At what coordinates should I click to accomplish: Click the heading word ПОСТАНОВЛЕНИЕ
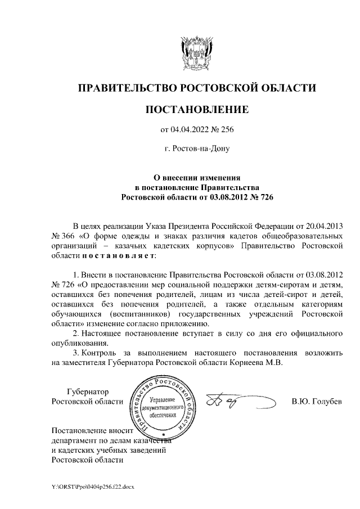(x=196, y=110)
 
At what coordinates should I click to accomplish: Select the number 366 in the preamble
(x=70, y=236)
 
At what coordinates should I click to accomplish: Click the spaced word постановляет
(x=116, y=256)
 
